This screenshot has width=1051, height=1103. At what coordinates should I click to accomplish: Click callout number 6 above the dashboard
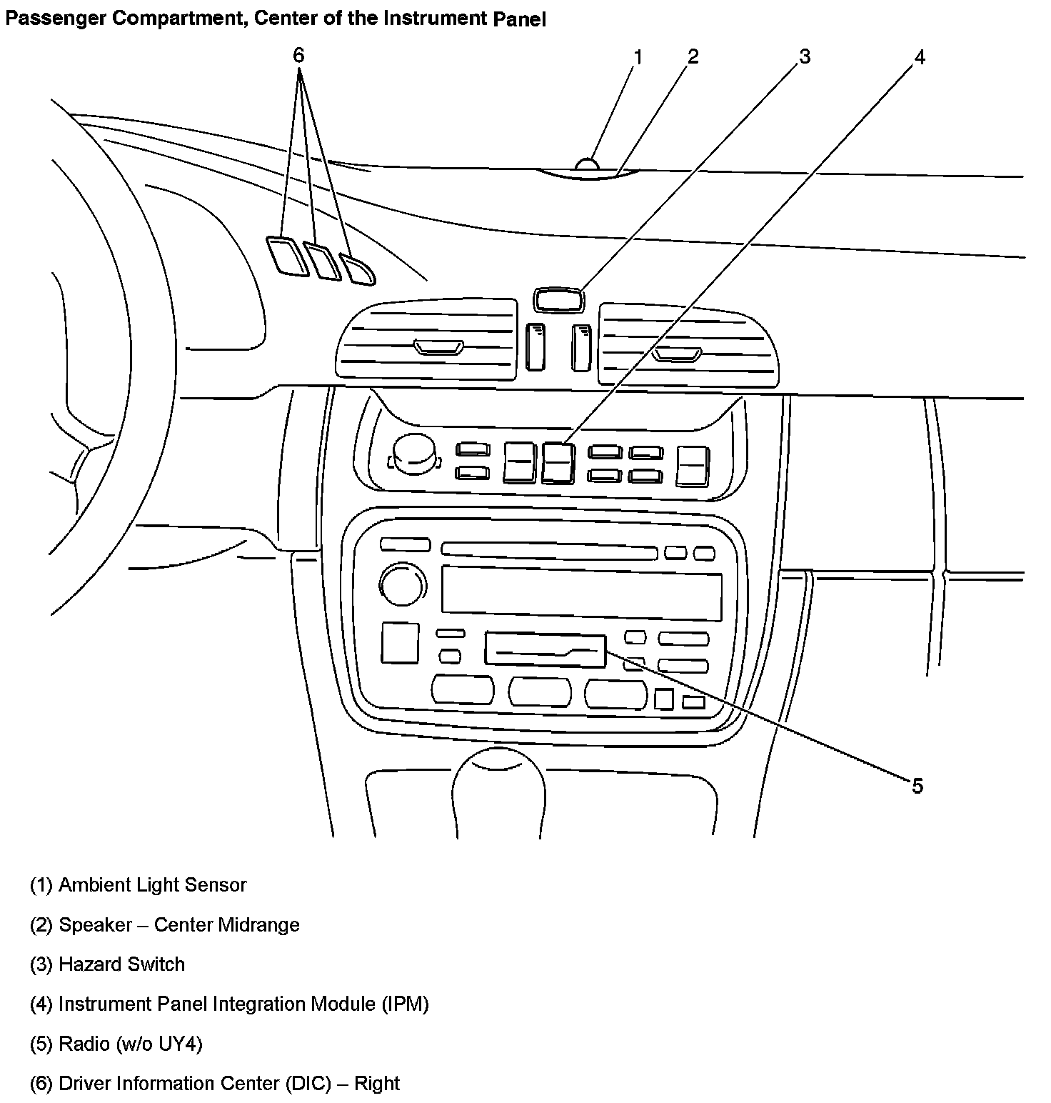point(298,55)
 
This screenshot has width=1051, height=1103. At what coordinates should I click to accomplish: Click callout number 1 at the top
point(638,56)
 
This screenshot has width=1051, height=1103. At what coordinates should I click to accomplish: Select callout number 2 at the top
point(693,56)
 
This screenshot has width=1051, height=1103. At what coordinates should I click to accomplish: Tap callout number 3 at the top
point(805,56)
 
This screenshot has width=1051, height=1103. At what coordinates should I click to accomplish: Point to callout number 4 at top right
point(920,57)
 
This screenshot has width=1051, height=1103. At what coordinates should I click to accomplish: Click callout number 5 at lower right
point(917,786)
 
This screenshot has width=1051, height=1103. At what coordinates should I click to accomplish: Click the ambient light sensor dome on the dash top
point(587,165)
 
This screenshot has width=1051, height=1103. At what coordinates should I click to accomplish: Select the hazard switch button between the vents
point(558,299)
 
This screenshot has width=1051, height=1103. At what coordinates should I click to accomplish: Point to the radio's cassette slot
point(545,650)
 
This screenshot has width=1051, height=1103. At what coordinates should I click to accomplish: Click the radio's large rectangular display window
point(581,592)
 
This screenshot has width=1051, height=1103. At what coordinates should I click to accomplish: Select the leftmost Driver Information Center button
point(287,255)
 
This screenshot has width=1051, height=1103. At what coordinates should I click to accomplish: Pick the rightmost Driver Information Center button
point(358,269)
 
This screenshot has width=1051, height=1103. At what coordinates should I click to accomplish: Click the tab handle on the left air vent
point(438,348)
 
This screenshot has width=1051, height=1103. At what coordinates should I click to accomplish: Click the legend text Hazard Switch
point(121,964)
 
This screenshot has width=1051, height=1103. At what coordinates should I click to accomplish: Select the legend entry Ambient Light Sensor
point(152,885)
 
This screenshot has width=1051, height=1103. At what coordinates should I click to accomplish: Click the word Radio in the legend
point(84,1044)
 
